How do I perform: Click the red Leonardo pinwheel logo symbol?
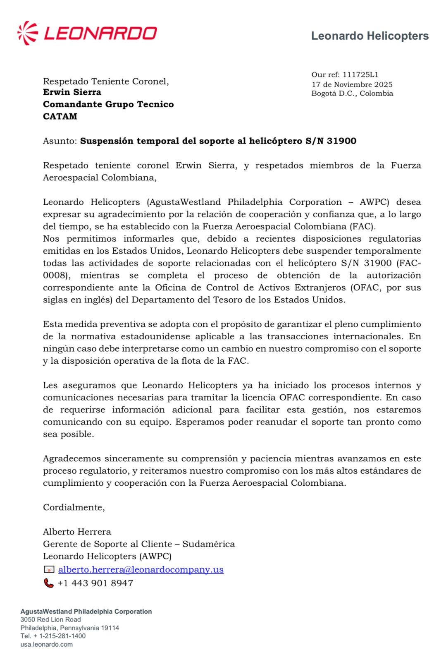[28, 33]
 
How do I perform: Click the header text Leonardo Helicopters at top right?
[370, 36]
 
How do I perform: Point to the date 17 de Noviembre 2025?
[352, 84]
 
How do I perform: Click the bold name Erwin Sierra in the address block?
[72, 92]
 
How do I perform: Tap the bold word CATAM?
[60, 116]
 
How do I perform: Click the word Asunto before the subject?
[60, 141]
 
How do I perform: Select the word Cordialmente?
[74, 508]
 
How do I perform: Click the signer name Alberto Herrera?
[77, 532]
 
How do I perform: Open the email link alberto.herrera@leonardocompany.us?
[141, 570]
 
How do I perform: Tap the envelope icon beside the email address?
[49, 570]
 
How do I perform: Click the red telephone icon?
[49, 583]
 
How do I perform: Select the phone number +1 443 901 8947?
[95, 583]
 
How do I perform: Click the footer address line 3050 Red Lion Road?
[50, 619]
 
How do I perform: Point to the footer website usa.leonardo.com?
[46, 644]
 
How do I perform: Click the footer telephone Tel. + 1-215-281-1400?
[53, 636]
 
